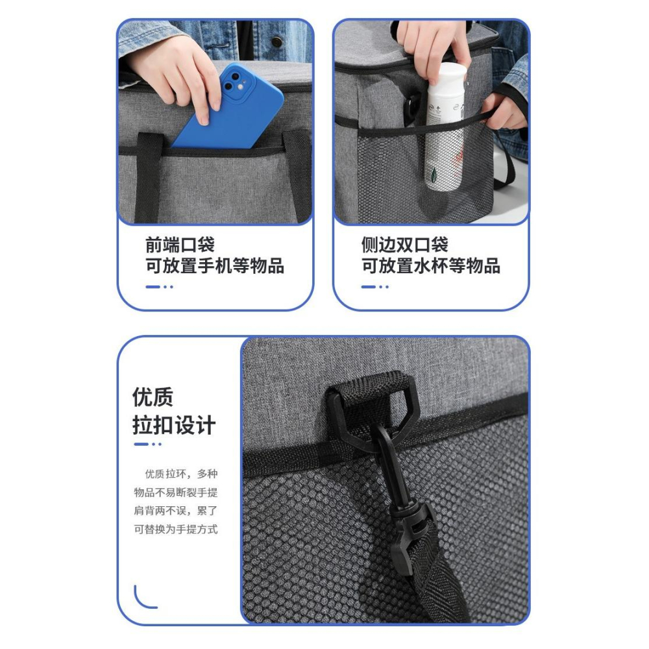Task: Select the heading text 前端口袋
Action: pyautogui.click(x=180, y=245)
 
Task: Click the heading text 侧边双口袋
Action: pyautogui.click(x=404, y=245)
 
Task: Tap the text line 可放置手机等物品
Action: pyautogui.click(x=214, y=265)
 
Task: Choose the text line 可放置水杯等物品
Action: pyautogui.click(x=430, y=265)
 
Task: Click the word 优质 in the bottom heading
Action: pyautogui.click(x=153, y=397)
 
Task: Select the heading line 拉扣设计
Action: pyautogui.click(x=174, y=425)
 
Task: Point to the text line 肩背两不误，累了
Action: pyautogui.click(x=175, y=511)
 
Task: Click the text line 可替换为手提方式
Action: pyautogui.click(x=175, y=530)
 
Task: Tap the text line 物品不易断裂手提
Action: pyautogui.click(x=175, y=493)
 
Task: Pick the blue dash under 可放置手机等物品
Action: pyautogui.click(x=153, y=287)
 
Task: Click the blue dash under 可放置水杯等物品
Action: pyautogui.click(x=369, y=287)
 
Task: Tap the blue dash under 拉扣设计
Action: pyautogui.click(x=141, y=444)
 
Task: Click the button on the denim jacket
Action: pyautogui.click(x=276, y=41)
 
